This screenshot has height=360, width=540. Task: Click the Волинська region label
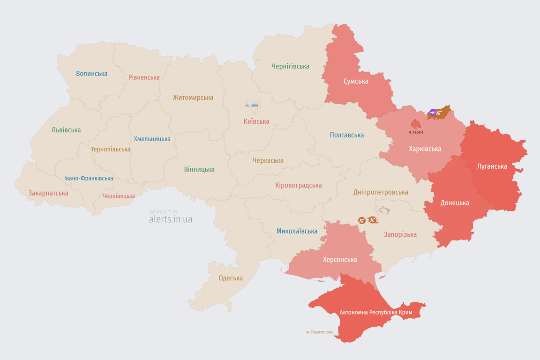92,74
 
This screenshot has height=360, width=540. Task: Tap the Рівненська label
144,77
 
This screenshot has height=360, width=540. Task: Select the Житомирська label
193,97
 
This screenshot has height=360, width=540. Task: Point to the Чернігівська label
290,67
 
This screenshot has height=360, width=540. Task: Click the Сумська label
356,82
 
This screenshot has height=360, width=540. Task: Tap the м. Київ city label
252,105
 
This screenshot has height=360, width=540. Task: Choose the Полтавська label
347,135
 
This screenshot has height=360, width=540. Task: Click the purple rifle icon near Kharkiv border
433,112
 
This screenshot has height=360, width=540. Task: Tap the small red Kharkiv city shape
416,124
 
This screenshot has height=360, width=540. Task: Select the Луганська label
492,166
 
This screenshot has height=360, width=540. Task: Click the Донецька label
455,203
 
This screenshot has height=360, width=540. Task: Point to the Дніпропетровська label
381,192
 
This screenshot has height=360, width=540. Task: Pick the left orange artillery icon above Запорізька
362,220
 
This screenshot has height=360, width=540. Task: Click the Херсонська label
340,260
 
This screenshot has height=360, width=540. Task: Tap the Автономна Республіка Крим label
369,312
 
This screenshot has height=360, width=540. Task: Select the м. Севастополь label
319,332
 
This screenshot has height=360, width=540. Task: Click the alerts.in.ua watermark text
171,219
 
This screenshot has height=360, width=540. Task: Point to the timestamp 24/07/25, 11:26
163,212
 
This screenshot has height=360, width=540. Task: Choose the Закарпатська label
48,193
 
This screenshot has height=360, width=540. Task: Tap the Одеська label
231,278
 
